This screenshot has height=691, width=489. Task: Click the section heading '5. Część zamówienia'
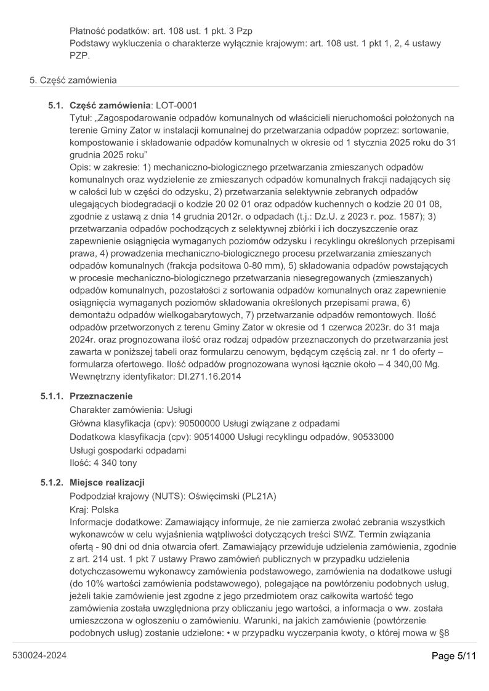pos(73,80)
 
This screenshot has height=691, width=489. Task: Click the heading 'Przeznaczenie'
pos(101,396)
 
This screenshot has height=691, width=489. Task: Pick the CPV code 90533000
pos(373,437)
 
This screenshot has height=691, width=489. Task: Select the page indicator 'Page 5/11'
pos(453,656)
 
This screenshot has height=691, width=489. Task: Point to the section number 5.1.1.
pos(52,396)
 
